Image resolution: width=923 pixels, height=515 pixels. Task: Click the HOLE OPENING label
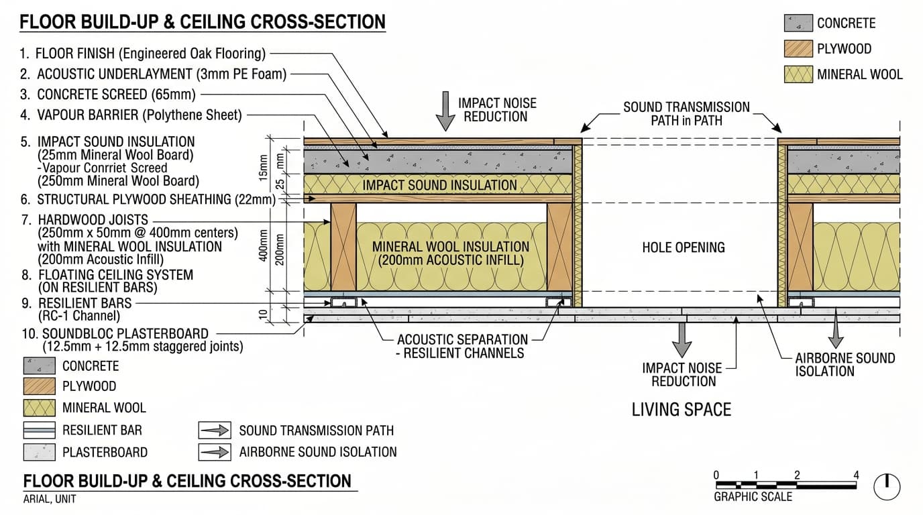point(683,247)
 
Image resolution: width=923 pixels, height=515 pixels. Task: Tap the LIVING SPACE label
point(682,410)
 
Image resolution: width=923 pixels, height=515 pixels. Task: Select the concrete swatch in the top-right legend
point(798,23)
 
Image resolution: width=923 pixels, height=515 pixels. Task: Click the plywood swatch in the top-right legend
point(798,48)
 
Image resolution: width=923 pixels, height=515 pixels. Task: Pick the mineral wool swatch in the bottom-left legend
point(39,408)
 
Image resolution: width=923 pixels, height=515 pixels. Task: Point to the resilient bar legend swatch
point(39,430)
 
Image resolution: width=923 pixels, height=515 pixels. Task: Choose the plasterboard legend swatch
point(39,452)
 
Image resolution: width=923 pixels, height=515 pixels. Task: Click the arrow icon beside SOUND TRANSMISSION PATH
point(215,431)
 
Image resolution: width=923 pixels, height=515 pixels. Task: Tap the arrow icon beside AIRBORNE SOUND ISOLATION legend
point(215,452)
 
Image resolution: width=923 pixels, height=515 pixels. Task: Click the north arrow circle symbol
point(887,487)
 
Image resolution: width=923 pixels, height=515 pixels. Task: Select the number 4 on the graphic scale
point(856,475)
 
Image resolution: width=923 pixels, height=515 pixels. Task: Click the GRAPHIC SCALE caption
point(753,497)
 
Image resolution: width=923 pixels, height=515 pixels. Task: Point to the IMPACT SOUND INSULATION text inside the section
point(439,185)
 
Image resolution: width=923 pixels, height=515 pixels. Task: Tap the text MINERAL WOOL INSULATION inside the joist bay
point(450,247)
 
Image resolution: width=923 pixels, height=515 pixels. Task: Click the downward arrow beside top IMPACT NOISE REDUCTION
point(445,111)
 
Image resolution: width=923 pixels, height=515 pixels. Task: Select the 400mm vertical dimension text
point(263,245)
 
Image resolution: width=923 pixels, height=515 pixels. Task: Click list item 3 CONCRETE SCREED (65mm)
point(108,95)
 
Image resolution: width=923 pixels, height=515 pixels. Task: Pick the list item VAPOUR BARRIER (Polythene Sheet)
point(131,115)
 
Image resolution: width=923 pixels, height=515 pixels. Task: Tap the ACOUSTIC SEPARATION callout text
point(462,340)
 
